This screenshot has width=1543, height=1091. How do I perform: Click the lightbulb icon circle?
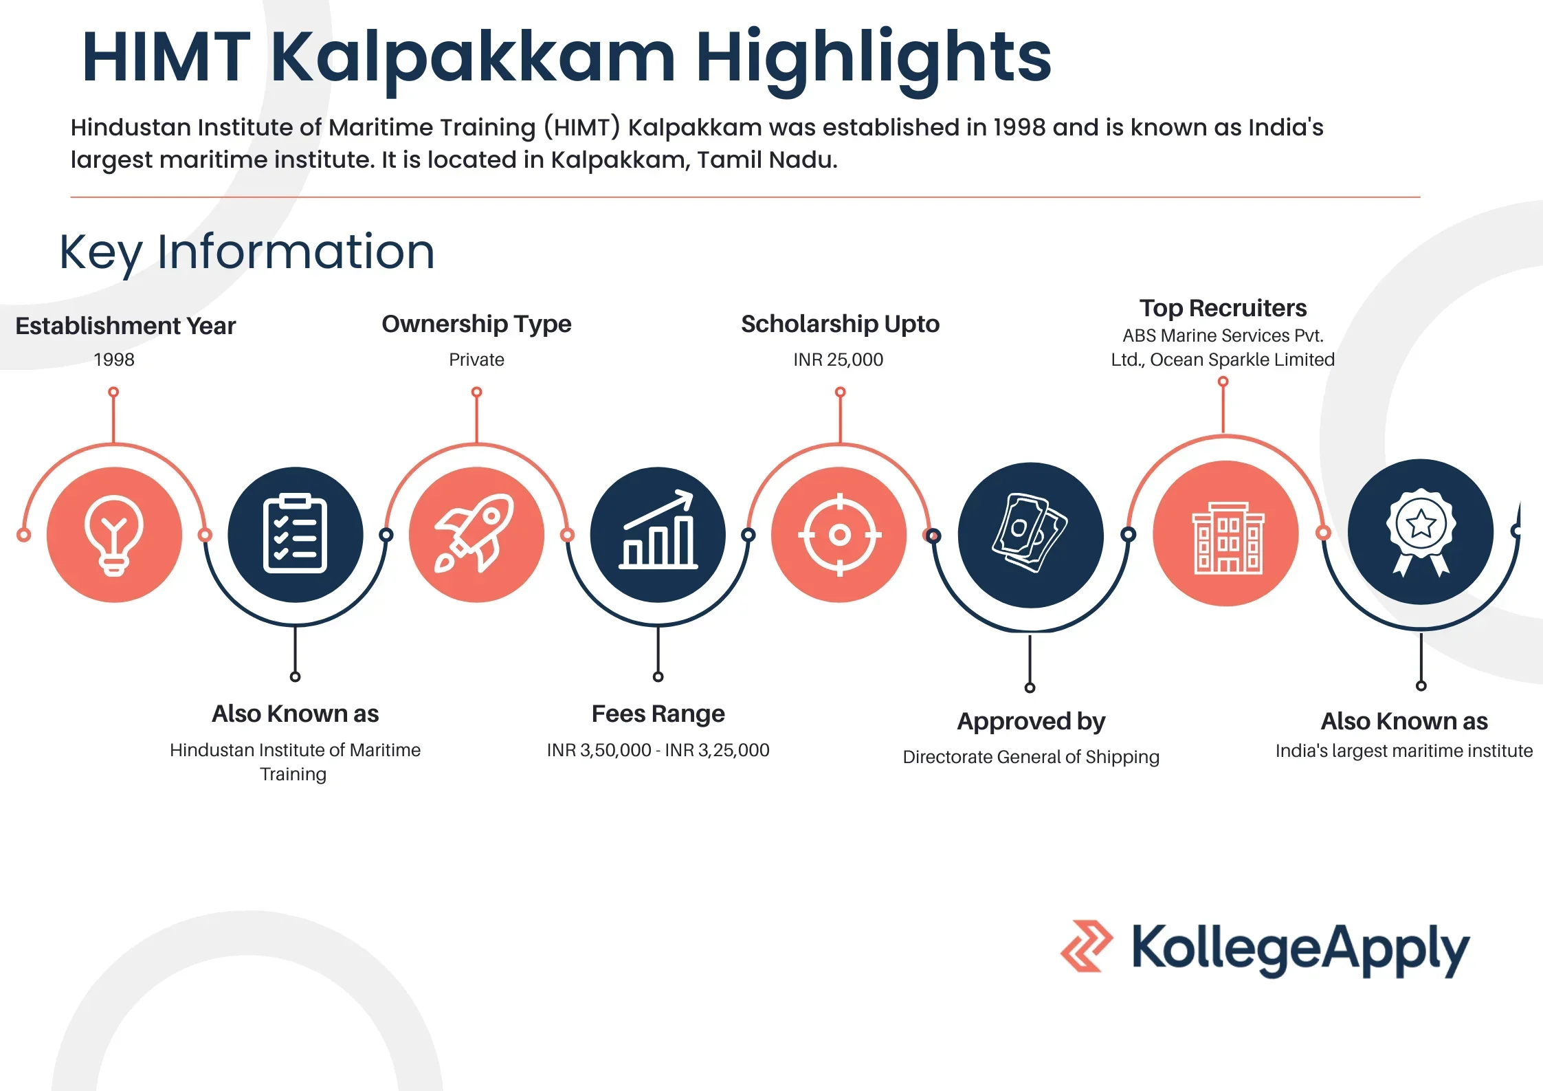point(114,534)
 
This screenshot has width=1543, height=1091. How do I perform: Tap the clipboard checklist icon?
point(296,534)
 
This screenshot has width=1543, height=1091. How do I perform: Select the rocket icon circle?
point(476,534)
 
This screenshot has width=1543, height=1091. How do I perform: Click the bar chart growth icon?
point(658,529)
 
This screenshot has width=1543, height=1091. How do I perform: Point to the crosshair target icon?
point(839,534)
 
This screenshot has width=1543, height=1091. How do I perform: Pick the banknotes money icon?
point(1030,533)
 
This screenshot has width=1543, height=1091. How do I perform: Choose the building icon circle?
point(1225,533)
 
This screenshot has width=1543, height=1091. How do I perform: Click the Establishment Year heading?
point(126,326)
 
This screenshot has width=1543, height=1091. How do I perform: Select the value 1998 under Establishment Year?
point(114,360)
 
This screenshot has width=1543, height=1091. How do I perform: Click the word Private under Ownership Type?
point(476,360)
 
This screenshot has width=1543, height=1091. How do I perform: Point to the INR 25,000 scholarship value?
point(839,360)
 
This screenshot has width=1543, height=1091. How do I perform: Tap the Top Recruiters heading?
point(1223,308)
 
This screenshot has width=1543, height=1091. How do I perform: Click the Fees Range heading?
point(658,714)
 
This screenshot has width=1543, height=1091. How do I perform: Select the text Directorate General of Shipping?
point(1031,757)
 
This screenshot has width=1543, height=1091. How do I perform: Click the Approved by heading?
point(1031,721)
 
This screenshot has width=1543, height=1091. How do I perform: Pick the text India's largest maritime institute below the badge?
point(1404,751)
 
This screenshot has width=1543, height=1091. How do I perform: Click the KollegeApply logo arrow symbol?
point(1086,946)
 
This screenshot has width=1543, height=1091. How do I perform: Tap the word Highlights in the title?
point(874,58)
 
